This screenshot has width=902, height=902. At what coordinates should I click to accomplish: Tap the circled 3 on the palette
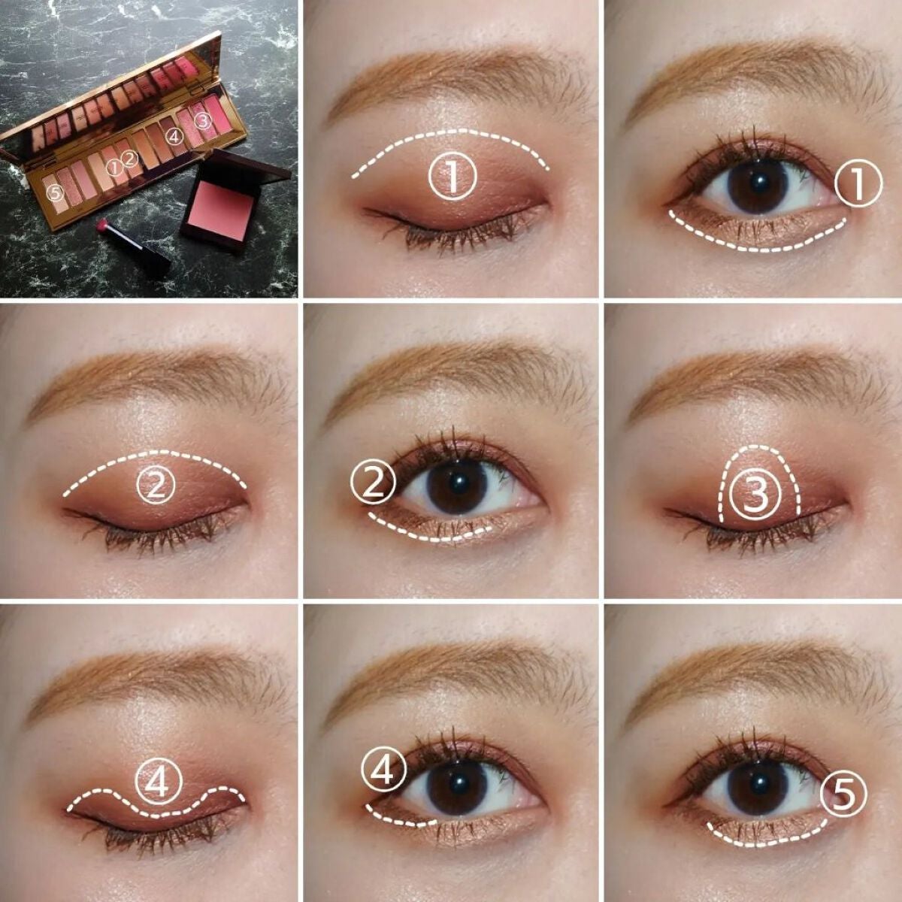(202, 120)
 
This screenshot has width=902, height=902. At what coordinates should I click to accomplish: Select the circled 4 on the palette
(174, 137)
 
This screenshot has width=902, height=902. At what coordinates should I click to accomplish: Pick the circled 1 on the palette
(114, 167)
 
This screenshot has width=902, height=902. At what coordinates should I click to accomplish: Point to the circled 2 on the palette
(129, 159)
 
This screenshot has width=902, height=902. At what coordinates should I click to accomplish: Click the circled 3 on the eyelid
(756, 495)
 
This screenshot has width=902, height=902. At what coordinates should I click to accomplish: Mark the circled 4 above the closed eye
(158, 783)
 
